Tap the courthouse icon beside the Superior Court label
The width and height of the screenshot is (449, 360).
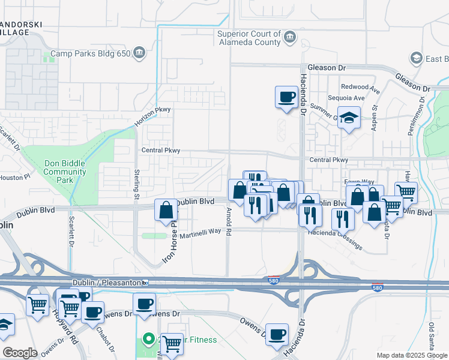point(289,38)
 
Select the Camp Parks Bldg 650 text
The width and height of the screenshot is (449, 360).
point(90,53)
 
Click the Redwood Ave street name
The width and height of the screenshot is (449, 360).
point(361,88)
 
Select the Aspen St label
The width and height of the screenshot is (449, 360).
point(374,116)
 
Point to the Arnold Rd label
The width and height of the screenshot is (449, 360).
point(229,221)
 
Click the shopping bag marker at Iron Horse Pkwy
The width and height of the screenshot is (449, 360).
point(166,210)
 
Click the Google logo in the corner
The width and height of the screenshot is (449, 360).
point(20,353)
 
